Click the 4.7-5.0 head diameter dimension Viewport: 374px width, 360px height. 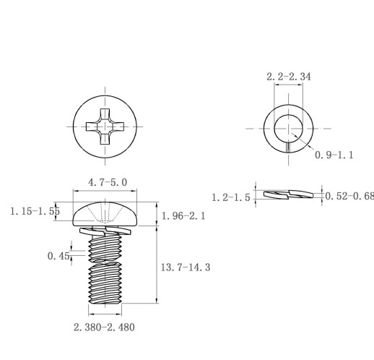pos(108,182)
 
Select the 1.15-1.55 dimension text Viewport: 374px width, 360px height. pos(35,211)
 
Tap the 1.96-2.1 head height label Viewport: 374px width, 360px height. pos(183,216)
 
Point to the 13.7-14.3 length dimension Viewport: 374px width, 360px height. pos(186,267)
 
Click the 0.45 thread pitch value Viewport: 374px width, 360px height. pos(58,256)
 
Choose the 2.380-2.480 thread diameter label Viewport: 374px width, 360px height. pos(104,327)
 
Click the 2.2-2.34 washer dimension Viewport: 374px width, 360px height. pos(289,77)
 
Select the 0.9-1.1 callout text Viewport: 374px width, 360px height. pos(334,155)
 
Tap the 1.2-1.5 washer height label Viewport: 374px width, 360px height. pos(231,197)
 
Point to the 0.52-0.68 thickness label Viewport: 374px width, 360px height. pos(349,196)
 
